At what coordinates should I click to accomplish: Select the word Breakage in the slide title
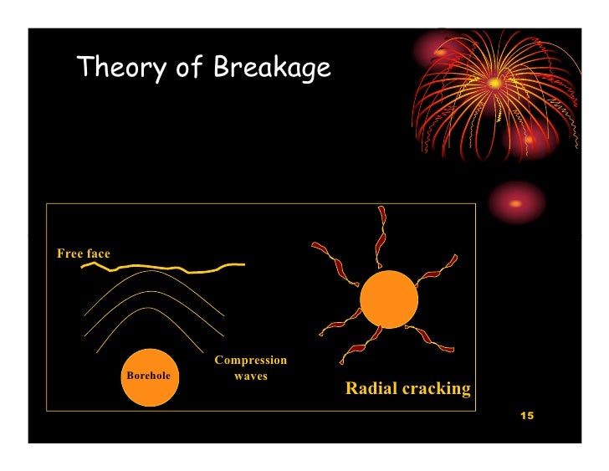pos(272,69)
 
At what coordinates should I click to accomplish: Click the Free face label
pos(83,253)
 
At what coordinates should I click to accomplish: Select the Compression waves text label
pos(250,368)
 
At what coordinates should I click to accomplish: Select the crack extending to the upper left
pos(328,256)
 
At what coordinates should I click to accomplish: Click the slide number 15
pos(526,416)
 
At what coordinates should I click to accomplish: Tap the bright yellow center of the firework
pos(494,83)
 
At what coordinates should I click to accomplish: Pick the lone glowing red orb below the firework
pos(515,203)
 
